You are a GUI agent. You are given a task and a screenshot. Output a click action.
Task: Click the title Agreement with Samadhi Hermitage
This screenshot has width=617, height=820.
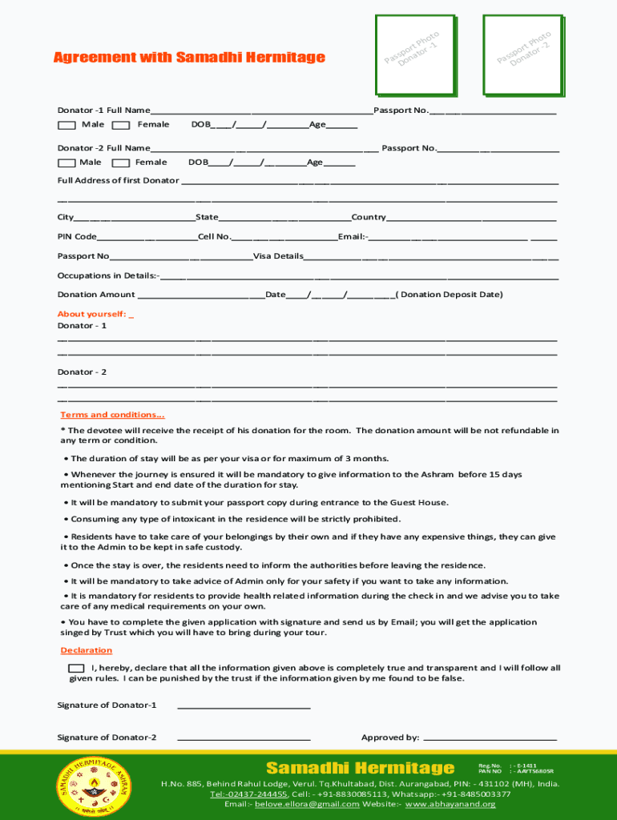click(x=189, y=57)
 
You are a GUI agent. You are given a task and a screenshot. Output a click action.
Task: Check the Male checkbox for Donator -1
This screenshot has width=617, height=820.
click(x=67, y=125)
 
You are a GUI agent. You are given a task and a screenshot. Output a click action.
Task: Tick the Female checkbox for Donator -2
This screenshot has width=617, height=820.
click(x=121, y=163)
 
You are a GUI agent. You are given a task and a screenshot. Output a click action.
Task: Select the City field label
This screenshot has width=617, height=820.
click(x=66, y=217)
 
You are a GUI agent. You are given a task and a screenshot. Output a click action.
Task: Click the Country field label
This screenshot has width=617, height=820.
click(x=369, y=217)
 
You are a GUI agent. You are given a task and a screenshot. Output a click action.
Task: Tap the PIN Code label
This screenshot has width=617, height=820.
click(x=77, y=236)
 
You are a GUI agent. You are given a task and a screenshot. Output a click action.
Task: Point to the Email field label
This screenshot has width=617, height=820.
click(x=352, y=236)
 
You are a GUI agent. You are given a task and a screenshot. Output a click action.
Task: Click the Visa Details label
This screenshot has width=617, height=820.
click(x=278, y=256)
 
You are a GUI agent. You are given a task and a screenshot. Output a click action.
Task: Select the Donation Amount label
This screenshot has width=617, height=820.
click(x=96, y=295)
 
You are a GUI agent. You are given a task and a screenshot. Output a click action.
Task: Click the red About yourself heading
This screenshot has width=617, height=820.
click(x=92, y=314)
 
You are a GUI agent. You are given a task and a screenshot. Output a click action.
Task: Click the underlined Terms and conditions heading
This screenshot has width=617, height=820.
click(x=112, y=415)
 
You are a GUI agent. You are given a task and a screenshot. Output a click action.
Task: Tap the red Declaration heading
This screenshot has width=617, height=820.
click(x=87, y=650)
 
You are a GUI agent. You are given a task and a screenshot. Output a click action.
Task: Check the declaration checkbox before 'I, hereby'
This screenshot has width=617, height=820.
click(x=76, y=668)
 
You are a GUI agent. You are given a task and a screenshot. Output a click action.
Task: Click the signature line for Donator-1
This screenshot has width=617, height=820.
click(x=243, y=705)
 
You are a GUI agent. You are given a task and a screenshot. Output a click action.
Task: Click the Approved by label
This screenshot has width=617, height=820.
click(x=390, y=738)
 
